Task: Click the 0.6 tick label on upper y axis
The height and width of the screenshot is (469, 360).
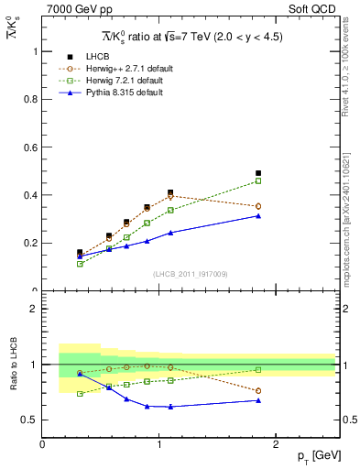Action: [30, 147]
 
